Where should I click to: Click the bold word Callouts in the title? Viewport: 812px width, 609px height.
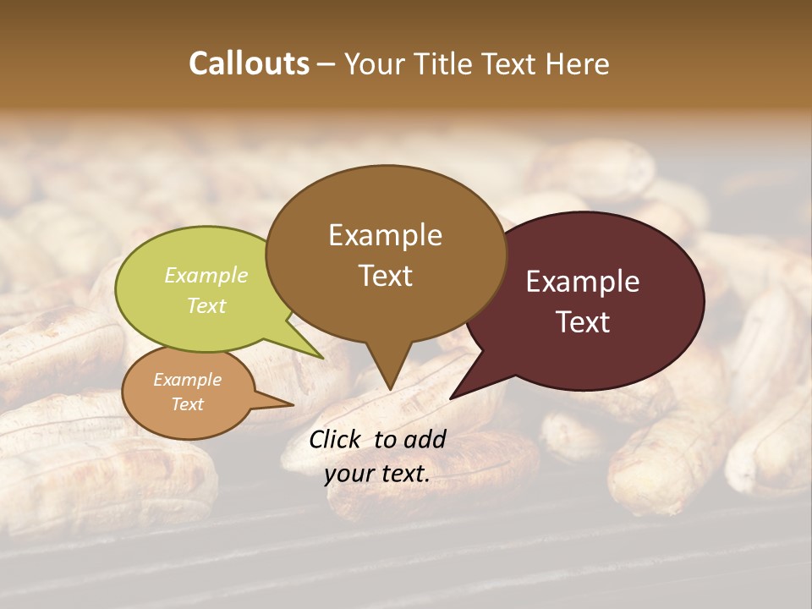coord(249,63)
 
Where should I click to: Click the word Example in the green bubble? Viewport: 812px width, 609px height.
coord(206,275)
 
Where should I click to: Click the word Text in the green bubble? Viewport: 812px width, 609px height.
coord(206,305)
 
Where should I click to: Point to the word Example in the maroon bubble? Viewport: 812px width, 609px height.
coord(583,282)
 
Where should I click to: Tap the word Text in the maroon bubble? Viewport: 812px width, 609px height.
coord(584,321)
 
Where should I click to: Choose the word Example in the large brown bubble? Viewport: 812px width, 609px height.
coord(385,235)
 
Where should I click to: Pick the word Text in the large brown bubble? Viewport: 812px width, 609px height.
coord(386,276)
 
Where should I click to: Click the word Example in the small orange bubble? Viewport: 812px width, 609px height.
coord(187,380)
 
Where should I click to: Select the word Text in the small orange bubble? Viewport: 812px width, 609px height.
coord(187,404)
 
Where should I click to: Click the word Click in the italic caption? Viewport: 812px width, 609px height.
coord(336,439)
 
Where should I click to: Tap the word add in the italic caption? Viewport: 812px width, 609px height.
coord(425,439)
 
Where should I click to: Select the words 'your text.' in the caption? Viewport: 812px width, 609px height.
coord(377,475)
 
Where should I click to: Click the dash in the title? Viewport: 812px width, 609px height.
coord(326,63)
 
